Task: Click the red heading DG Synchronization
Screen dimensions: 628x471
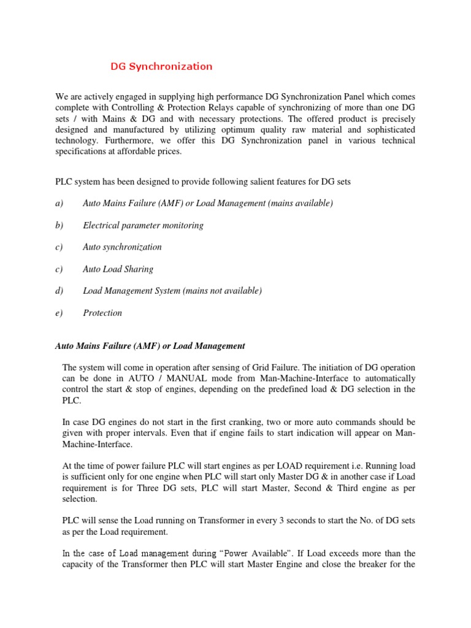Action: [161, 66]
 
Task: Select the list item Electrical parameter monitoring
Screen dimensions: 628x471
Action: [143, 225]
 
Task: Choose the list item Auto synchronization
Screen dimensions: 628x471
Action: [122, 247]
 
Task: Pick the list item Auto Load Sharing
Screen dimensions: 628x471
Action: [118, 269]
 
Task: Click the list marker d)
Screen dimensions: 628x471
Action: [59, 291]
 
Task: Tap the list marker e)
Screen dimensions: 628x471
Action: [59, 313]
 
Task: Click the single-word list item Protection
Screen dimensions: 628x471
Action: [102, 313]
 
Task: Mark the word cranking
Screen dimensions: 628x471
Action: [252, 423]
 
